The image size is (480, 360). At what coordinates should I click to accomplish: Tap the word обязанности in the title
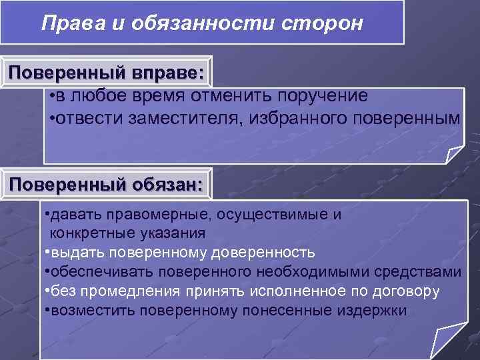pos(175,23)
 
